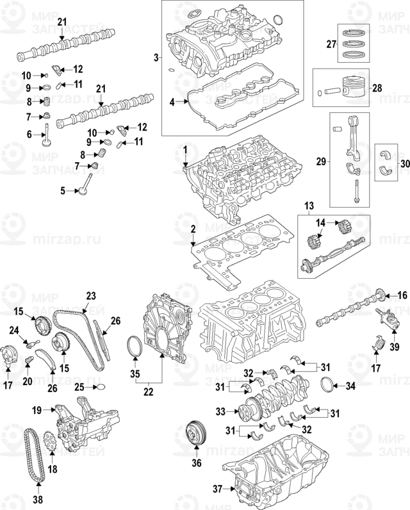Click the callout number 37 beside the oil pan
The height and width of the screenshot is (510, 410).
click(217, 489)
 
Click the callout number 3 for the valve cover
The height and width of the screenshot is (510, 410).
click(156, 58)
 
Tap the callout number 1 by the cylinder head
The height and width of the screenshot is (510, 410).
click(184, 150)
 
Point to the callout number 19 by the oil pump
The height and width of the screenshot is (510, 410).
click(37, 409)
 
